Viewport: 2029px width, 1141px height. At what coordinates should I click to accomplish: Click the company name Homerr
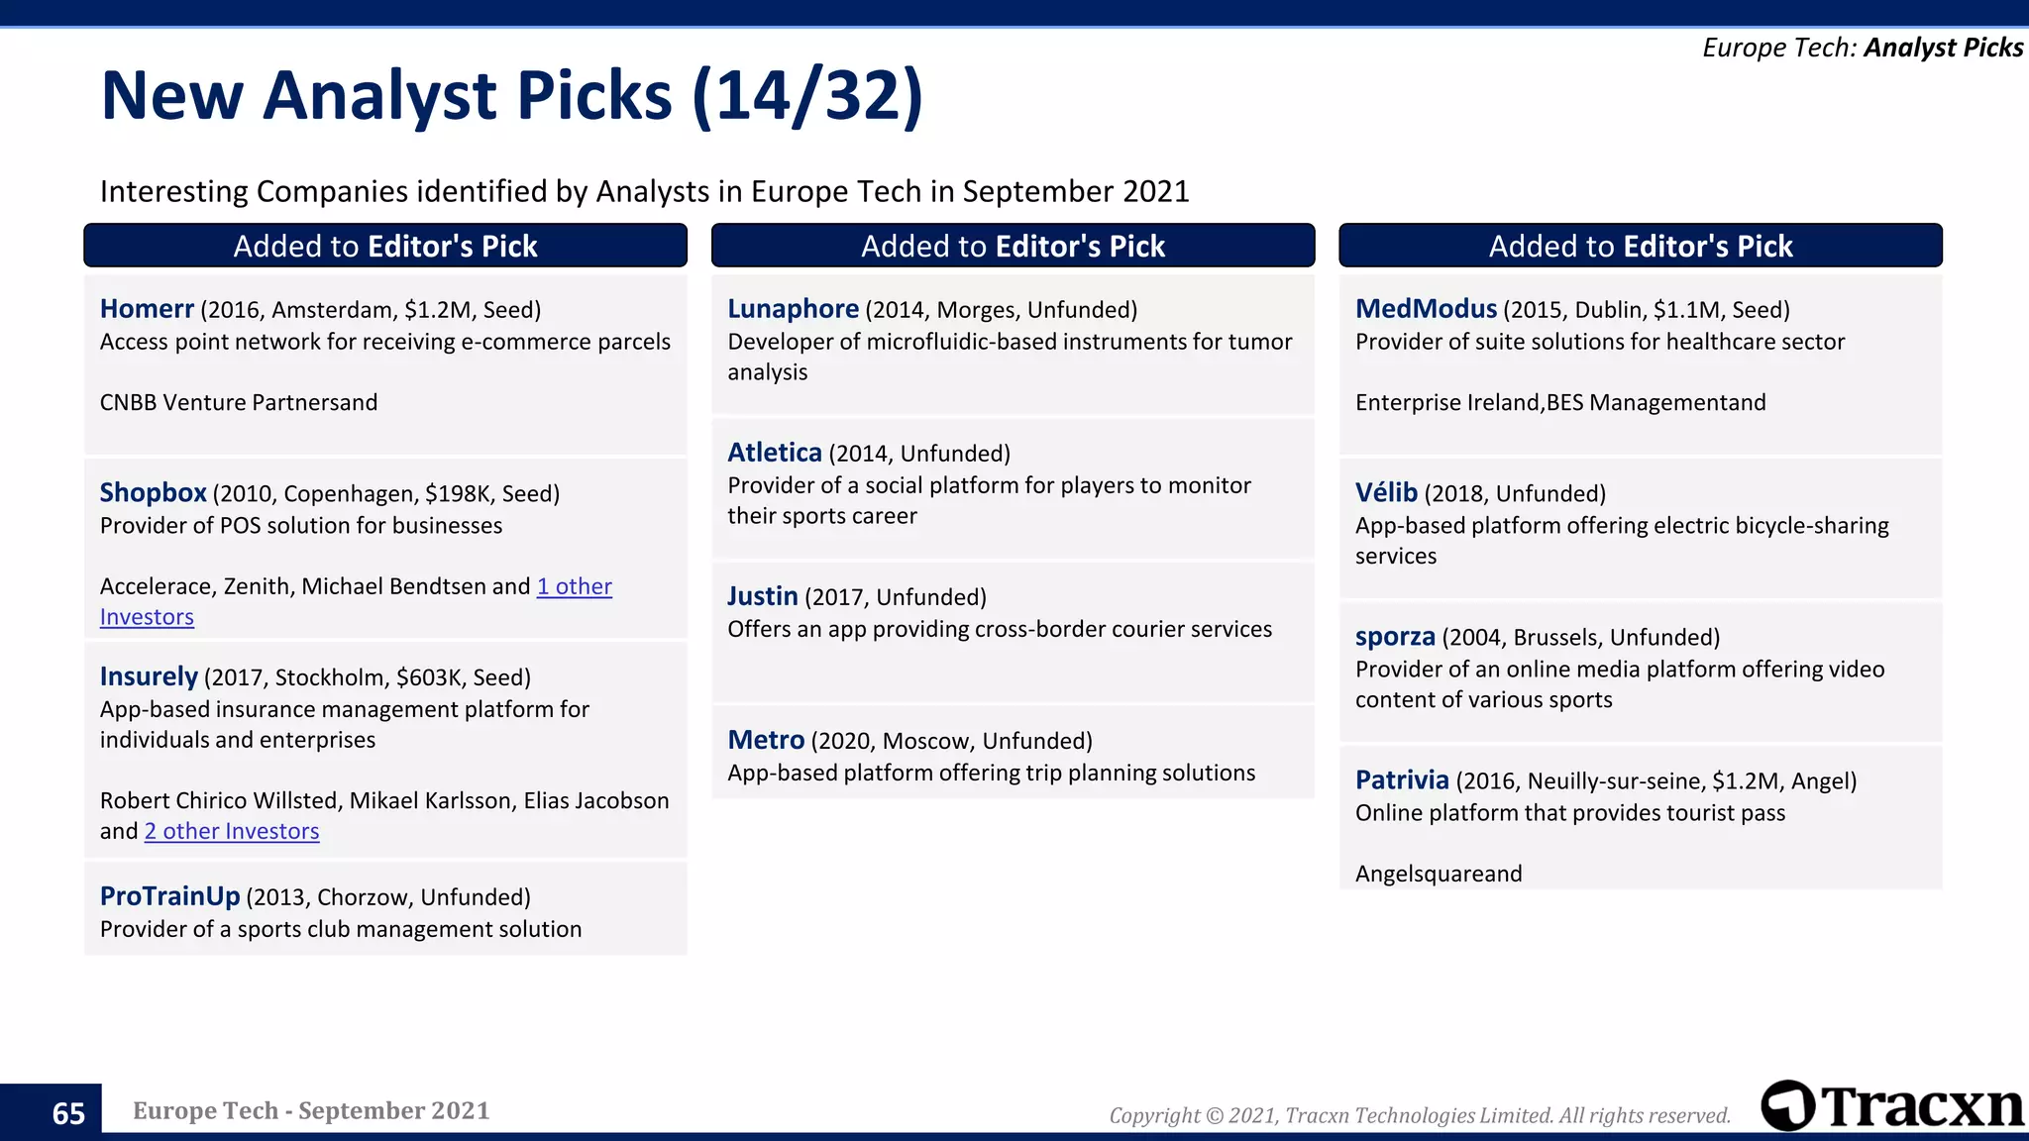[147, 309]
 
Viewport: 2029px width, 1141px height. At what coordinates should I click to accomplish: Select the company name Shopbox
[153, 493]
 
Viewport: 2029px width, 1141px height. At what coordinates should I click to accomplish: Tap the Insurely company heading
[149, 677]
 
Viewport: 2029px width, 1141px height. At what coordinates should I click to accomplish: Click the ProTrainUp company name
[169, 896]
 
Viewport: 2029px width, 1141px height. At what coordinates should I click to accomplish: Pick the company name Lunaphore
[793, 309]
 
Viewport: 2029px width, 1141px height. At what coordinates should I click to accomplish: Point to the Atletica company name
[774, 453]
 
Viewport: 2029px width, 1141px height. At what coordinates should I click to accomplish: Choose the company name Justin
[762, 596]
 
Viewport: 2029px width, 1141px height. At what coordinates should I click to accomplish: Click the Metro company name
[765, 740]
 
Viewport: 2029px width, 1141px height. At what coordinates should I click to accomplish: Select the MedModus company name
[1426, 309]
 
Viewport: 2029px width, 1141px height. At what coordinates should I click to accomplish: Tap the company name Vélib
[1386, 493]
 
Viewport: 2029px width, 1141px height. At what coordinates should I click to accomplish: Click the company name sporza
[1394, 637]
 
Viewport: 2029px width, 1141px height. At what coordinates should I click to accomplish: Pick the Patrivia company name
[1401, 780]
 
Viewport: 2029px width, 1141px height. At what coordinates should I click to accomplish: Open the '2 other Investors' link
[232, 831]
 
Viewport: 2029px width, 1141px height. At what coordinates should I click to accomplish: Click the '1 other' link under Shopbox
[574, 586]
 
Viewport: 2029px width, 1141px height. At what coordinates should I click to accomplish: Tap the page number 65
[68, 1113]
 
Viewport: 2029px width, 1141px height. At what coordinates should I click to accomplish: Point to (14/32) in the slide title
[807, 96]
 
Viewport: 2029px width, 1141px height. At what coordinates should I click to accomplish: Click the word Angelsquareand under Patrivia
[1438, 874]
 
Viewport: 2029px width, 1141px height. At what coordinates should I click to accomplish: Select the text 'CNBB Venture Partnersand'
[239, 402]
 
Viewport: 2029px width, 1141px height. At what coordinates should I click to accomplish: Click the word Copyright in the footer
[1153, 1115]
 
